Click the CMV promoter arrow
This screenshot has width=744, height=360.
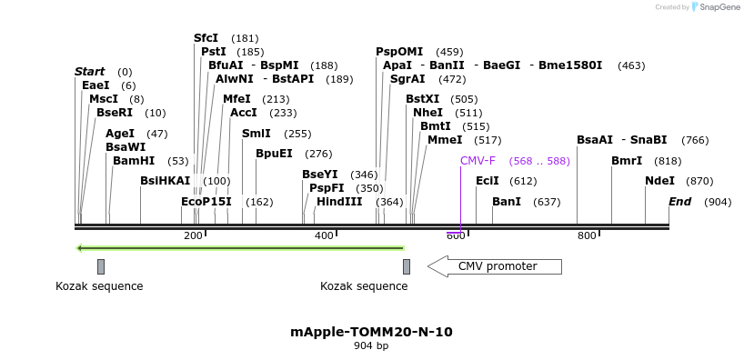click(x=495, y=266)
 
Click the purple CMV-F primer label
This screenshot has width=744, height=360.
click(x=478, y=161)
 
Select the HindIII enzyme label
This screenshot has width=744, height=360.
click(x=339, y=202)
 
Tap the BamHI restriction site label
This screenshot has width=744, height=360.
click(x=134, y=161)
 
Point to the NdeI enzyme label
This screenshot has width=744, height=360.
click(x=659, y=181)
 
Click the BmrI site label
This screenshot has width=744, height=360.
click(x=627, y=161)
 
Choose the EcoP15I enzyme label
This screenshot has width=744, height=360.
click(x=206, y=202)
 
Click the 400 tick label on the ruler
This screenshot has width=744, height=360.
click(x=324, y=236)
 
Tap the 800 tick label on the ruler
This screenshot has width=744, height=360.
click(x=587, y=236)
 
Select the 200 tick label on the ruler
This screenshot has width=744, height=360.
click(x=193, y=236)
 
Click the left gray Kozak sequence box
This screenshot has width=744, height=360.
click(x=101, y=266)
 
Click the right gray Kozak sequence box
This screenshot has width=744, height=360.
click(x=407, y=266)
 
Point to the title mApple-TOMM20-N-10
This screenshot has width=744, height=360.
click(x=371, y=332)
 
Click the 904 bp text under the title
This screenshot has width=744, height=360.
click(x=371, y=346)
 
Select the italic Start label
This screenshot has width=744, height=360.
click(x=90, y=72)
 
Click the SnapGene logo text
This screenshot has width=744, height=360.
click(x=719, y=7)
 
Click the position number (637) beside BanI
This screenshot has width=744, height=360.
click(x=547, y=202)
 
